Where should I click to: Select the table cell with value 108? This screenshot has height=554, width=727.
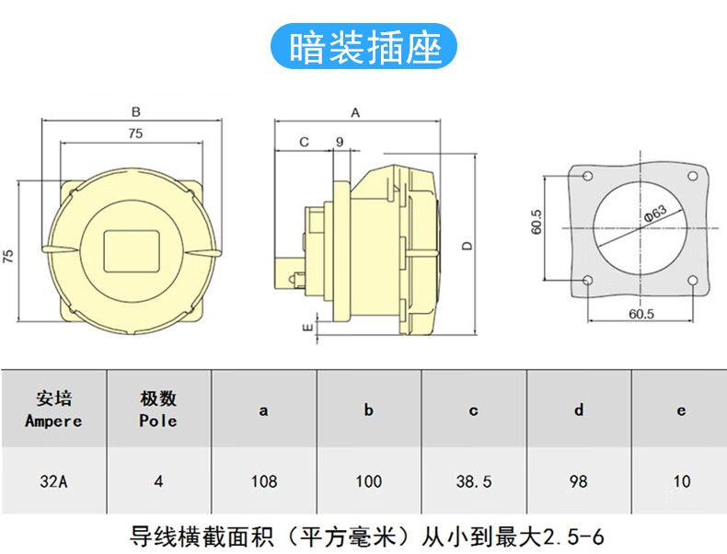(x=263, y=480)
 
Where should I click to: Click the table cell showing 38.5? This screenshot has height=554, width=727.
(x=473, y=480)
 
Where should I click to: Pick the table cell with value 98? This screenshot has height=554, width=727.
(x=578, y=480)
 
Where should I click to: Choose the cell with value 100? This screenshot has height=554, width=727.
(x=368, y=480)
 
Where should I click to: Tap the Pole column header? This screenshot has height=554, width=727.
(x=158, y=410)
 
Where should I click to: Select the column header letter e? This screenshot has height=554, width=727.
(x=681, y=410)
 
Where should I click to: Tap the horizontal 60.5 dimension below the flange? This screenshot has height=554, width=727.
(x=640, y=314)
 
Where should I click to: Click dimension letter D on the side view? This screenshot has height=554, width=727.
(x=467, y=246)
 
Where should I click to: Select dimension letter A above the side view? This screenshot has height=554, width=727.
(x=355, y=112)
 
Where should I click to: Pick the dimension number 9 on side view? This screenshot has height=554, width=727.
(x=340, y=142)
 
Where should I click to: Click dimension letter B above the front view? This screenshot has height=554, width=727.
(x=135, y=112)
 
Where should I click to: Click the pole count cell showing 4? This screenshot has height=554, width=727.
(x=158, y=480)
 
